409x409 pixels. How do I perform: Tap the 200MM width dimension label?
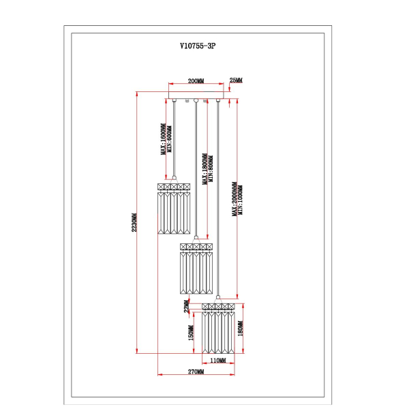point(196,81)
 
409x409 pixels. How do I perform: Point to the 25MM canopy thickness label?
point(236,81)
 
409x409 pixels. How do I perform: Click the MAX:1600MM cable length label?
point(163,140)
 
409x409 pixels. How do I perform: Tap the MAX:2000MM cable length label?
point(234,198)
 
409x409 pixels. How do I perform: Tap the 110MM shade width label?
point(217,360)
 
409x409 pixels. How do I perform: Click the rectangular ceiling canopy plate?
point(196,97)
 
